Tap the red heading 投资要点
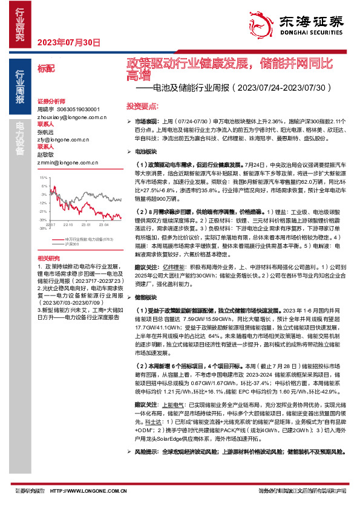(x=141, y=106)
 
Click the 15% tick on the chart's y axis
(x=43, y=178)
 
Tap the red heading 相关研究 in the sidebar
(x=47, y=258)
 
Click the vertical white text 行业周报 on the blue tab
(x=19, y=87)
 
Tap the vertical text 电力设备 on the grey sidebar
(x=19, y=135)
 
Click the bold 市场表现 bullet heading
(x=145, y=122)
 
